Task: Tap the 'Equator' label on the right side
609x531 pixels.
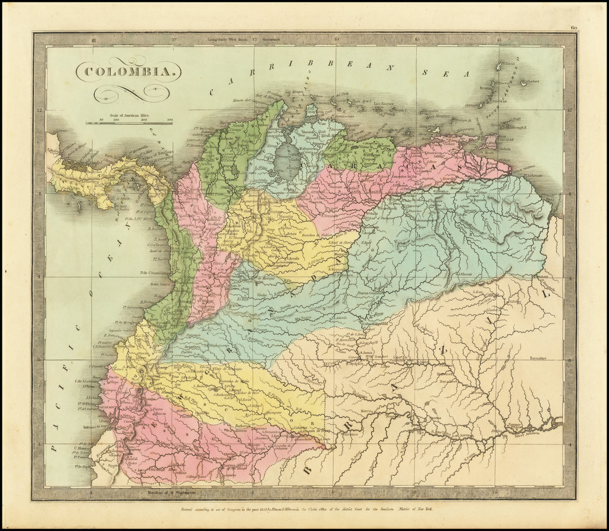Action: [x=540, y=359]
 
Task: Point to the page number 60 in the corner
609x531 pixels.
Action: [x=573, y=27]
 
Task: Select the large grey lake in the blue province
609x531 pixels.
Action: [x=288, y=160]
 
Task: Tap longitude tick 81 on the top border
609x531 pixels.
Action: [x=93, y=40]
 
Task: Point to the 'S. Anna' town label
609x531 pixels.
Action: [x=365, y=353]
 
